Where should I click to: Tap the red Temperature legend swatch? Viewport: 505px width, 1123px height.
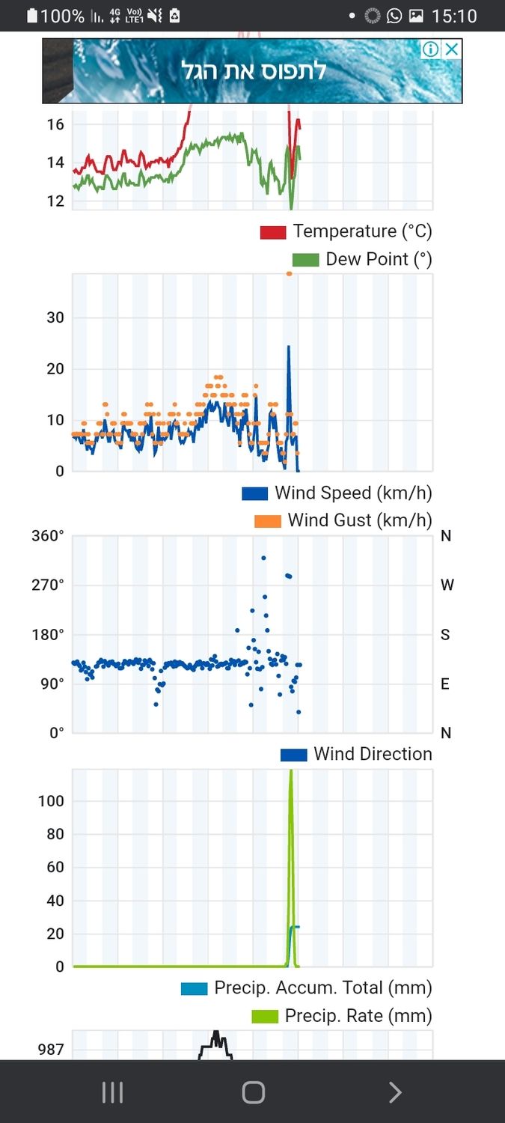tap(273, 232)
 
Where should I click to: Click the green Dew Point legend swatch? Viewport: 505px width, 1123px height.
tap(305, 260)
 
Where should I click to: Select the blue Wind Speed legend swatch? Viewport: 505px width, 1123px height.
tap(254, 494)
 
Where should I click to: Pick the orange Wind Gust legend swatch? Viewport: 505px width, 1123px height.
tap(267, 521)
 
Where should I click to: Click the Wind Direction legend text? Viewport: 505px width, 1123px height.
tap(373, 754)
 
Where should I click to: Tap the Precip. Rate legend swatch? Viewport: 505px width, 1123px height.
tap(264, 1017)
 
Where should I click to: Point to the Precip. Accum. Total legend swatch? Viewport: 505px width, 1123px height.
tap(194, 989)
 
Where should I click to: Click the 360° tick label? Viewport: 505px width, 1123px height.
tap(48, 536)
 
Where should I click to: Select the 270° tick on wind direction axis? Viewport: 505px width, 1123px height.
tap(48, 585)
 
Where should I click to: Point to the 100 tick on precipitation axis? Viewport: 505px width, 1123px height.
tap(51, 801)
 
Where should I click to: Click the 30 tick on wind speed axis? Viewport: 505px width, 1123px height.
tap(55, 317)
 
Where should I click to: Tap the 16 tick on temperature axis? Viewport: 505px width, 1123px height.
tap(55, 124)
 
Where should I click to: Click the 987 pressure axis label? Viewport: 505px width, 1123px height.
tap(51, 1050)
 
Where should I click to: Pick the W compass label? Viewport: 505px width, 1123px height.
tap(447, 585)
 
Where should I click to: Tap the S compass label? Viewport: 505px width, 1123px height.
tap(445, 635)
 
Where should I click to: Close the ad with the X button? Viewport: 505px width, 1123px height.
tap(451, 49)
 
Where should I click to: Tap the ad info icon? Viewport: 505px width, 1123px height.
tap(430, 49)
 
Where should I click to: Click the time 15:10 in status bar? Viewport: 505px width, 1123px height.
tap(454, 16)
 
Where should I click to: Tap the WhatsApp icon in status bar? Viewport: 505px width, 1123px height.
tap(394, 16)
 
